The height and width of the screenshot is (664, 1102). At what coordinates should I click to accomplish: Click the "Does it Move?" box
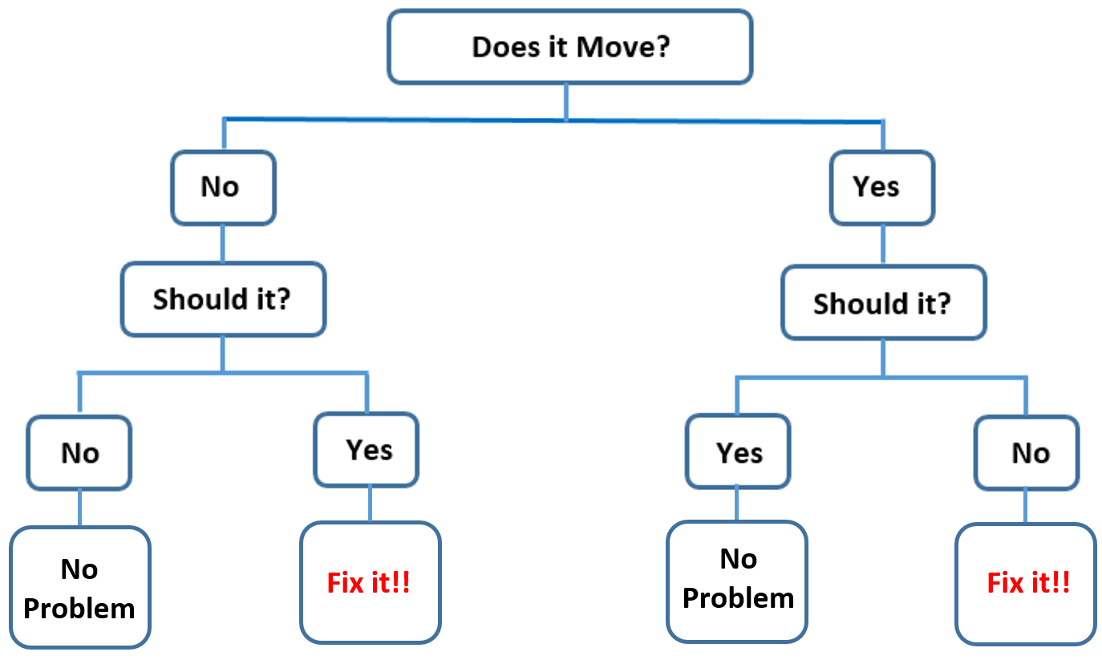point(569,47)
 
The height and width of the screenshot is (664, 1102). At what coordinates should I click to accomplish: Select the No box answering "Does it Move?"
point(222,188)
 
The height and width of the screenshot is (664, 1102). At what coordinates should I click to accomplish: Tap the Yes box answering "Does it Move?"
point(881,188)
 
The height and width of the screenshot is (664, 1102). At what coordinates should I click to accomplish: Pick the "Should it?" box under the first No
point(223,299)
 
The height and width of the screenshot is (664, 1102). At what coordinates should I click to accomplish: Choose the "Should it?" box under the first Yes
point(883,303)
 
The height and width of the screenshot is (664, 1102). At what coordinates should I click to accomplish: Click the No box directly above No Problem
point(79,453)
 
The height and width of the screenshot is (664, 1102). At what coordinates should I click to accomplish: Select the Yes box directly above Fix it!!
point(367,449)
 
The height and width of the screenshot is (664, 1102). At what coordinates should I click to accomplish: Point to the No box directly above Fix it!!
point(1027,453)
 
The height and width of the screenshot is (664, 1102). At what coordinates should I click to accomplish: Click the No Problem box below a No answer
point(79,588)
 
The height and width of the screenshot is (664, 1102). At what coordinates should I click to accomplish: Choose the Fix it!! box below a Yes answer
point(370,583)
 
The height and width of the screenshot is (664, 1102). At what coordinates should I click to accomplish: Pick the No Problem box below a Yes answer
point(737,581)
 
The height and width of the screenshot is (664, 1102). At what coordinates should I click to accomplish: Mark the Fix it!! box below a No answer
point(1026,583)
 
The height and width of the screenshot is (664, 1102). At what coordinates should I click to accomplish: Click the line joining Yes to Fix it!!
point(369,504)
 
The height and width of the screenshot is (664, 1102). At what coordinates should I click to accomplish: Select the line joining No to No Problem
point(79,508)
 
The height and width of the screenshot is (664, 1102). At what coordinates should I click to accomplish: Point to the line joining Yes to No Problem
point(737,504)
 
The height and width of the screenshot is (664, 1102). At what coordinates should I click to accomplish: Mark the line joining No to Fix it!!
point(1026,506)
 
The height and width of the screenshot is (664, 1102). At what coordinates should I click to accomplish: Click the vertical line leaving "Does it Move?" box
point(566,102)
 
